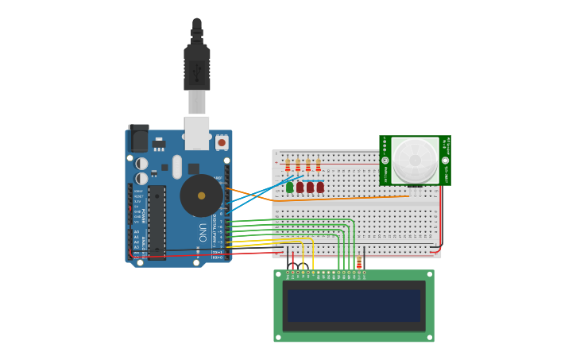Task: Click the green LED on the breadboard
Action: (289, 188)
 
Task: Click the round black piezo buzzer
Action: (201, 195)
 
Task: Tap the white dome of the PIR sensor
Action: (415, 160)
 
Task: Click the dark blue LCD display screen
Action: (354, 305)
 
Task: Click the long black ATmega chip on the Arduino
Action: (157, 222)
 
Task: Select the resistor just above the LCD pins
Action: (359, 263)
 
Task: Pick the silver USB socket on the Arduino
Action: (197, 133)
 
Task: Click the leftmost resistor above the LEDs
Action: (288, 165)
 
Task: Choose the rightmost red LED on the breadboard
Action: (320, 188)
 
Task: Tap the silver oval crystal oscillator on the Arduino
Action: (176, 167)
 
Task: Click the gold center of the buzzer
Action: (201, 195)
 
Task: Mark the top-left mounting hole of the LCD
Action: (278, 273)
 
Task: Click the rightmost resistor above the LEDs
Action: (318, 165)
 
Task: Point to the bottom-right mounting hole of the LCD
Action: (430, 338)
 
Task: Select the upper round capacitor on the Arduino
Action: (141, 164)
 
